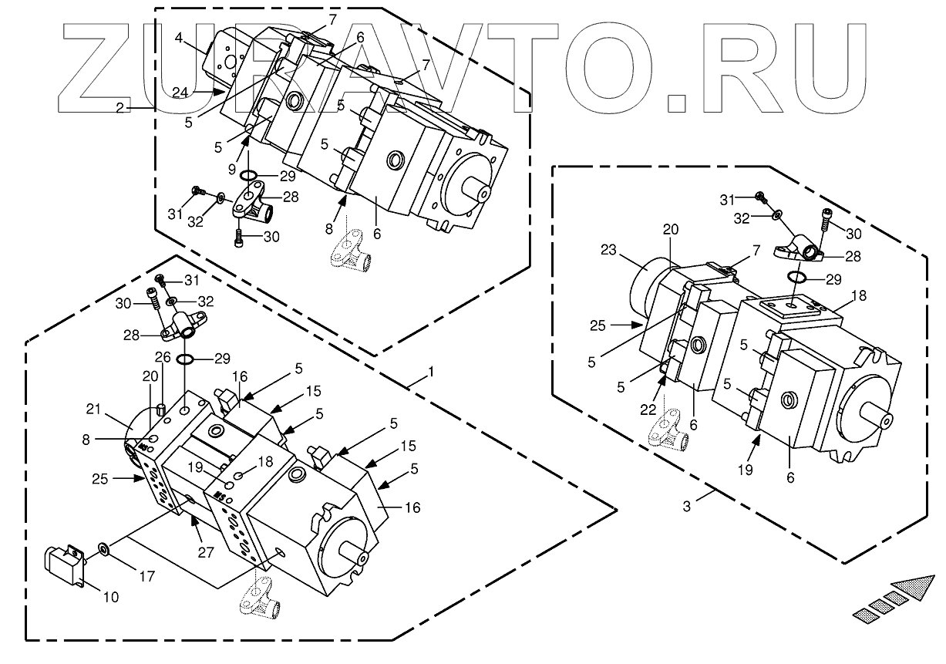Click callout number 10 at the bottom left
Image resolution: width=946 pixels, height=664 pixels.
pyautogui.click(x=111, y=596)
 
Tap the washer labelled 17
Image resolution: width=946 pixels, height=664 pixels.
pyautogui.click(x=102, y=549)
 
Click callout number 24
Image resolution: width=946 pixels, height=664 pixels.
pyautogui.click(x=179, y=92)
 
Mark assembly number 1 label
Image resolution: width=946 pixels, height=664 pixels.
pyautogui.click(x=431, y=372)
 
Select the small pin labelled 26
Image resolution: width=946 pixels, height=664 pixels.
pyautogui.click(x=162, y=408)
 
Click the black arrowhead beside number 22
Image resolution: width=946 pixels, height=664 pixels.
pyautogui.click(x=662, y=378)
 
